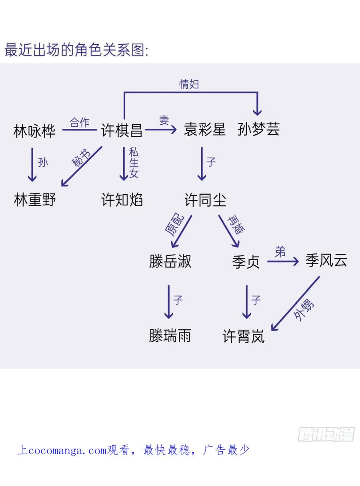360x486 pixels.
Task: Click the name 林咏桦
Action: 34,131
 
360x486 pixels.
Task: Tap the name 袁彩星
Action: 205,129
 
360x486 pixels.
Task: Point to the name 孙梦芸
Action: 258,129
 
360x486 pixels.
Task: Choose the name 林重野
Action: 35,199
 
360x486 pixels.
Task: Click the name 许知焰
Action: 122,199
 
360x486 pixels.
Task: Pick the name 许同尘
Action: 206,200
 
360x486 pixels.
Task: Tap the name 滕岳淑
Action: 170,261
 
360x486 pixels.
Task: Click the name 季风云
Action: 326,261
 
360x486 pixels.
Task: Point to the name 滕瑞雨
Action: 170,336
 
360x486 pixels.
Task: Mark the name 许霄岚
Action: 244,337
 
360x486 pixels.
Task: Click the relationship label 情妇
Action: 189,84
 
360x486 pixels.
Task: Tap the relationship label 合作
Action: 80,122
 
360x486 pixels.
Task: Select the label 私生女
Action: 134,163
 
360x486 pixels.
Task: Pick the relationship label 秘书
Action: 81,158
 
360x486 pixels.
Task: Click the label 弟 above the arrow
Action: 280,252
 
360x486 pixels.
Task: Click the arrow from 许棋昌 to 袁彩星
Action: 161,129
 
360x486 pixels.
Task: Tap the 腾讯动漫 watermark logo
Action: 326,434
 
